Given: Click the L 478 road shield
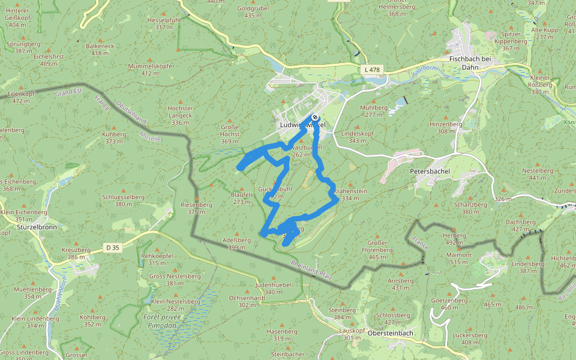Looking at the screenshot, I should click(372, 70).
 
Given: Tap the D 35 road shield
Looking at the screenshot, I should click(112, 247).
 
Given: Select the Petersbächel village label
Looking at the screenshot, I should click(430, 171).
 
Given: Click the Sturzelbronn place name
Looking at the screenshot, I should click(20, 227).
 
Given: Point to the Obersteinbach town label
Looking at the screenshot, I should click(391, 333).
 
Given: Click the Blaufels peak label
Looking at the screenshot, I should click(241, 194).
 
